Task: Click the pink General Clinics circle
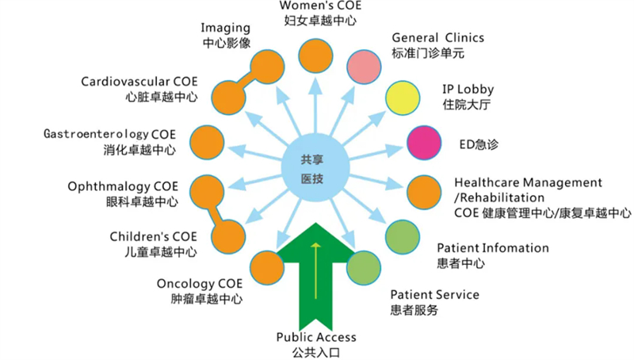click(x=362, y=67)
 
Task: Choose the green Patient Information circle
click(x=403, y=236)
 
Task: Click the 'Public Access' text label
click(x=316, y=337)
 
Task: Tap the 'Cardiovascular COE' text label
click(x=139, y=82)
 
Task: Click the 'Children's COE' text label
click(x=152, y=236)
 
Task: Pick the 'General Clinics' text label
click(x=437, y=37)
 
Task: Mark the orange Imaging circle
click(x=266, y=67)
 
